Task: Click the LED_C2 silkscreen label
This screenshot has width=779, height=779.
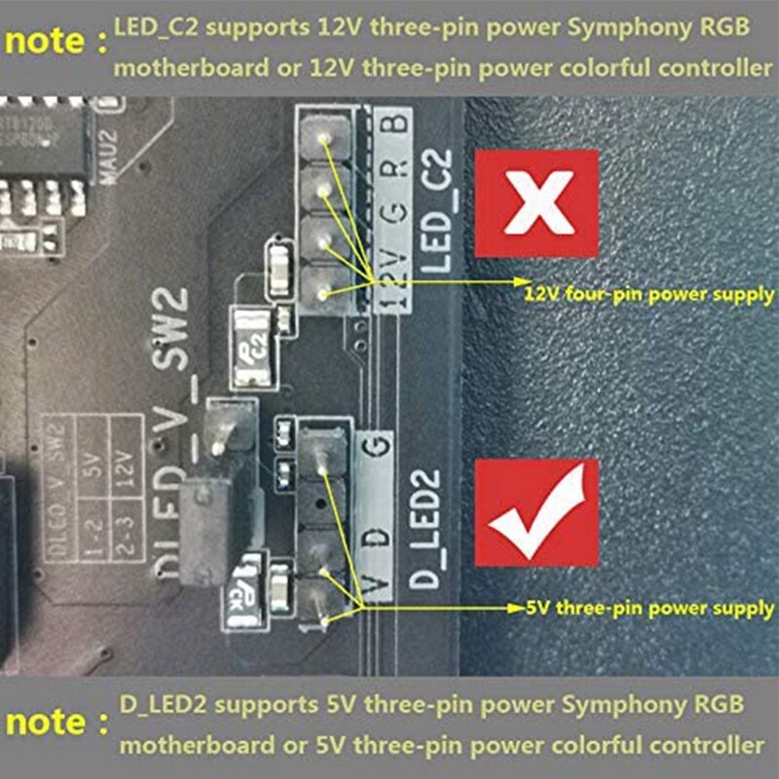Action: pos(438,210)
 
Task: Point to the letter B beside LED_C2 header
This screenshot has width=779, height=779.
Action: pos(391,127)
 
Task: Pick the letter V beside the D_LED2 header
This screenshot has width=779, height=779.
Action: pos(378,584)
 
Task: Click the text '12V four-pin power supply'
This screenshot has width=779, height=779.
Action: pos(649,291)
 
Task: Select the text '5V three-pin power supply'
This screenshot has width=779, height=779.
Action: pos(649,609)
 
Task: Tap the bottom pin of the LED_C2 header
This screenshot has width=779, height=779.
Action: pos(321,290)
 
